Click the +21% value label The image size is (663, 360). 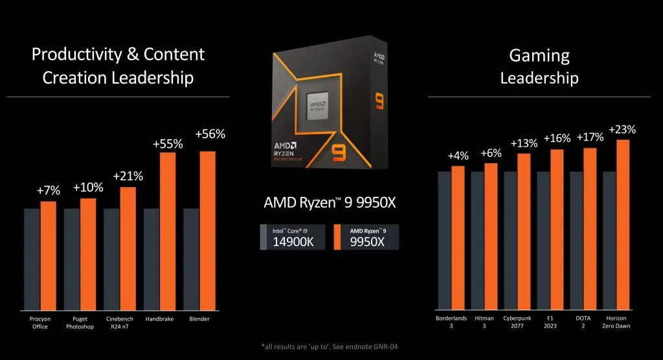pos(128,176)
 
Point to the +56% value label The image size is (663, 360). pos(210,135)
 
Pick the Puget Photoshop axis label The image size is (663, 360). pos(80,322)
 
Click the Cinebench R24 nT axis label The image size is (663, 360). pos(120,322)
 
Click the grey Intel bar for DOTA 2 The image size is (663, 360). pos(576,239)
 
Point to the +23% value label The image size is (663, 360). pos(622,129)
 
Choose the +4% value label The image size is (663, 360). pos(458,157)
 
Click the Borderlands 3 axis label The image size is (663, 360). pos(450,322)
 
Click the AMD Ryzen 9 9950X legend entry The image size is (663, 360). pos(366,238)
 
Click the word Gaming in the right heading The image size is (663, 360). pos(539,56)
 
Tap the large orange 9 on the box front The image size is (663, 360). pos(338,153)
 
